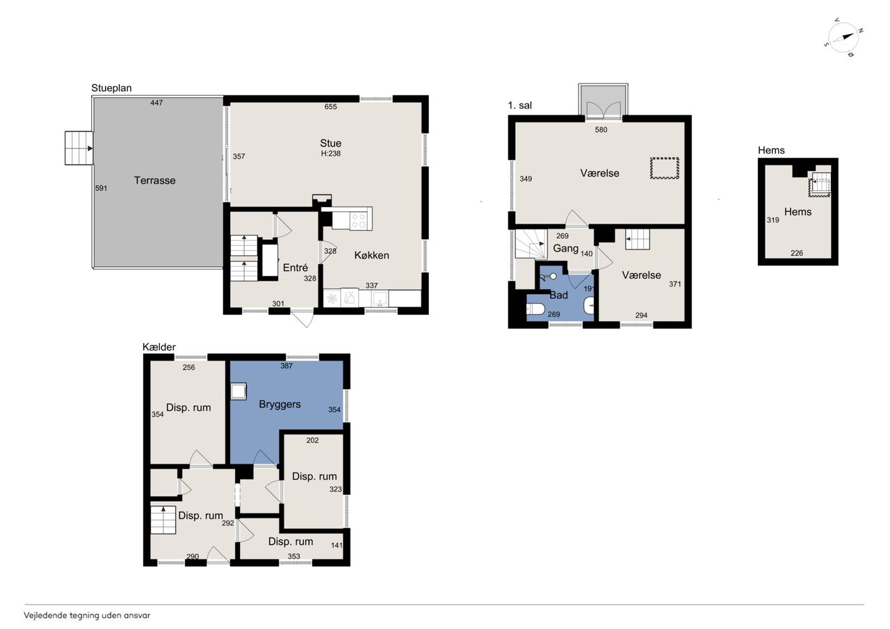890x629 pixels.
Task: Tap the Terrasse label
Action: coord(154,180)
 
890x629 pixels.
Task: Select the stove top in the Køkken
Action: coord(358,220)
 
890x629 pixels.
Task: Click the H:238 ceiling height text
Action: coord(330,154)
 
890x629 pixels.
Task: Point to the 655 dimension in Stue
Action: coord(330,106)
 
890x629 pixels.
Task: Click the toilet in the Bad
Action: coord(535,309)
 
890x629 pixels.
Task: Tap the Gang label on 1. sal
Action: coord(566,249)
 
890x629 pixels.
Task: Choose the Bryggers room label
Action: coord(280,405)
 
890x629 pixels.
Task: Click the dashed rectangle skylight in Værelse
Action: coord(664,168)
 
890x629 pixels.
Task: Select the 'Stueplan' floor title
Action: coord(111,88)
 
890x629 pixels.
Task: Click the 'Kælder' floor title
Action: coord(159,347)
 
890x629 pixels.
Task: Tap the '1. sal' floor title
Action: coord(519,105)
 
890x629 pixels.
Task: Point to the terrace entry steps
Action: coord(79,148)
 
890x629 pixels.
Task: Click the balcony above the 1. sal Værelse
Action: coord(603,100)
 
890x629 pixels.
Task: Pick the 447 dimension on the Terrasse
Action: coord(156,103)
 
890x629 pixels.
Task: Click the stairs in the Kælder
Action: coord(163,520)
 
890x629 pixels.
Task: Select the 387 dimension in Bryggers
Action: coord(286,366)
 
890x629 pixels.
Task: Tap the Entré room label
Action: coord(296,268)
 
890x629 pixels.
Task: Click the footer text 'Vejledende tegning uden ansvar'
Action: coord(87,616)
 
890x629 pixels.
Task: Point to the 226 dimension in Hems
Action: coord(797,253)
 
